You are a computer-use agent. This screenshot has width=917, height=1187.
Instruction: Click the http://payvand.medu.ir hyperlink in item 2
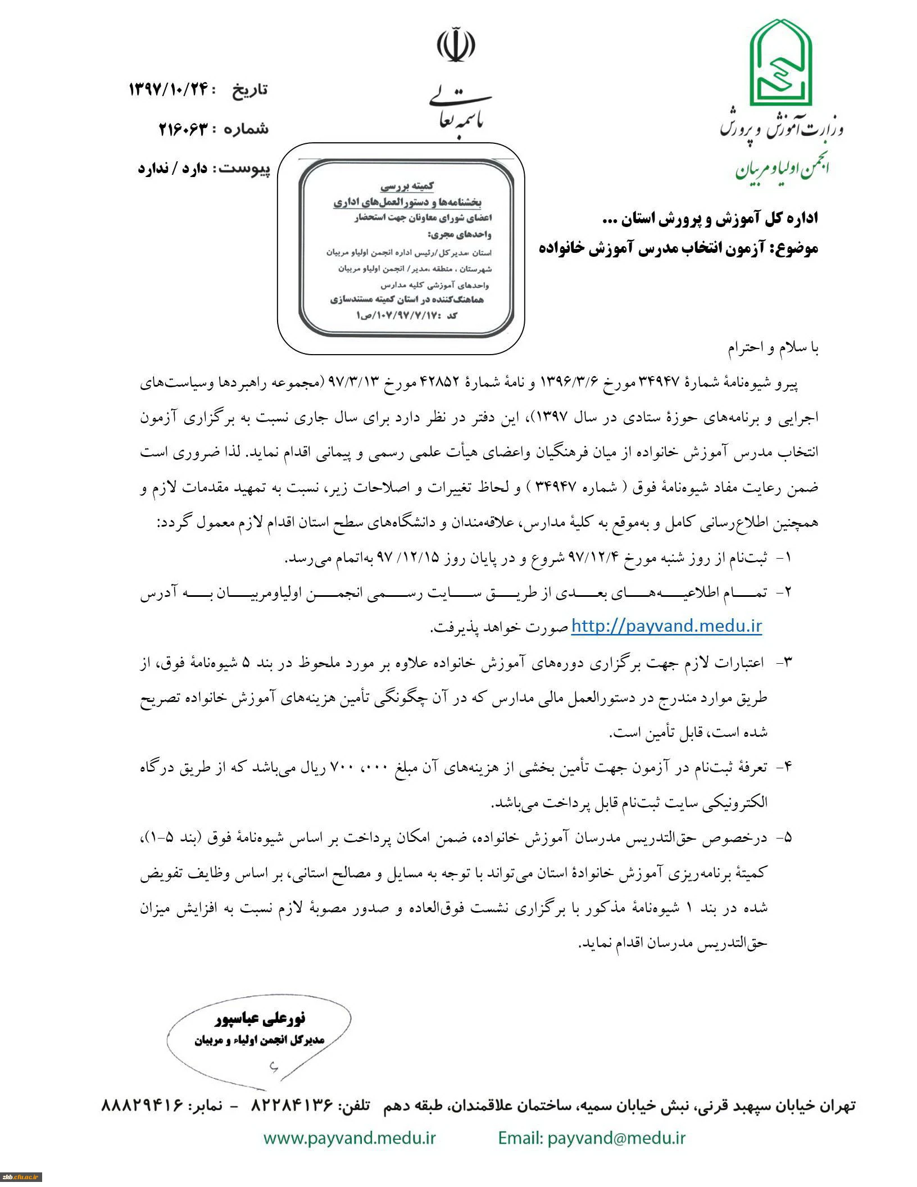click(666, 626)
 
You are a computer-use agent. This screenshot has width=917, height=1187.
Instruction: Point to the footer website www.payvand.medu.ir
click(349, 1138)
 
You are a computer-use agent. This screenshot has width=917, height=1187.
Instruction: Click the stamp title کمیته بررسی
click(407, 185)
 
